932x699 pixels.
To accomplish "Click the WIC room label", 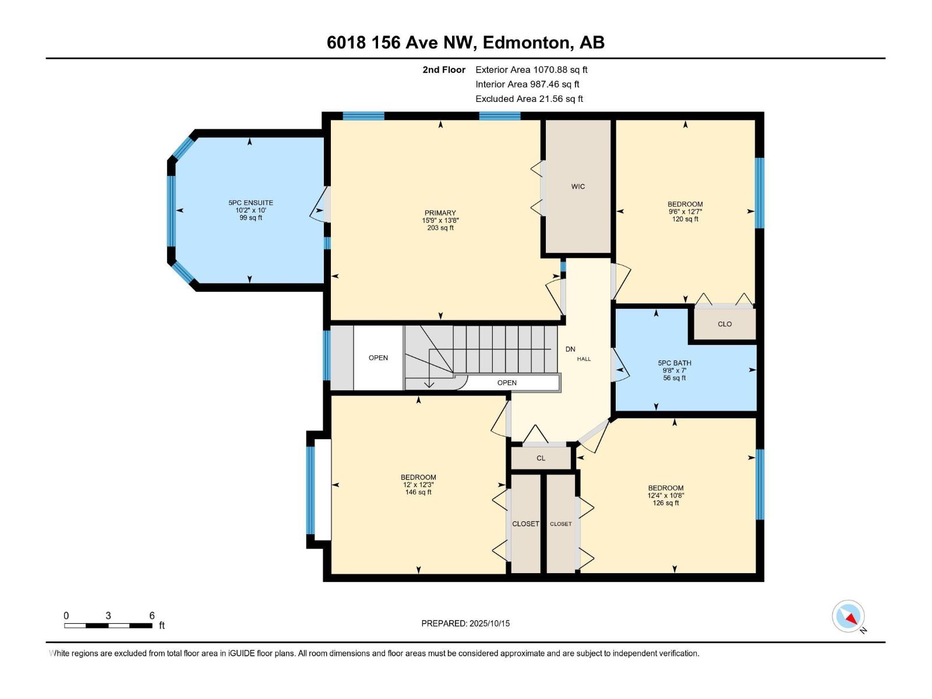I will [578, 186].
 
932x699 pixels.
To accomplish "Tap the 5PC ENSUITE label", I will [250, 203].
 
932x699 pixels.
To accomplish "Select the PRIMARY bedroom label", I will [440, 213].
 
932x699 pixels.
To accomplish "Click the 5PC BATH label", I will [675, 363].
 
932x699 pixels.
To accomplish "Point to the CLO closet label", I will [725, 324].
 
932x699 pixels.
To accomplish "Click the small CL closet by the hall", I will [541, 458].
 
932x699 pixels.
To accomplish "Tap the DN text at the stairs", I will [570, 349].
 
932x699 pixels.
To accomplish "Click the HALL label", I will [584, 359].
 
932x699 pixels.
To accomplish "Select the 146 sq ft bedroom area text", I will [418, 492].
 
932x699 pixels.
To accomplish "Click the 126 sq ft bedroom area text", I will [666, 503].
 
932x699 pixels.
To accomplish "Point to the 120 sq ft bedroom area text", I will [685, 219].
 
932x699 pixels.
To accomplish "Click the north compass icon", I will [849, 616].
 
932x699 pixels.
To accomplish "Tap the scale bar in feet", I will [108, 625].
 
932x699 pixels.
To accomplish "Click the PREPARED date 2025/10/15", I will [465, 623].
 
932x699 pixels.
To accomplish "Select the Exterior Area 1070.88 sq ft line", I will [531, 70].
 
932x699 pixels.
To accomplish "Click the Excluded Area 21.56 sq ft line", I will [529, 99].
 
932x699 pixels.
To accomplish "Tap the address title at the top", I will [465, 43].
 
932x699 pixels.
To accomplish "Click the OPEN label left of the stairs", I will [378, 358].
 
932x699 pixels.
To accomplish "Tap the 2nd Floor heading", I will [444, 70].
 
